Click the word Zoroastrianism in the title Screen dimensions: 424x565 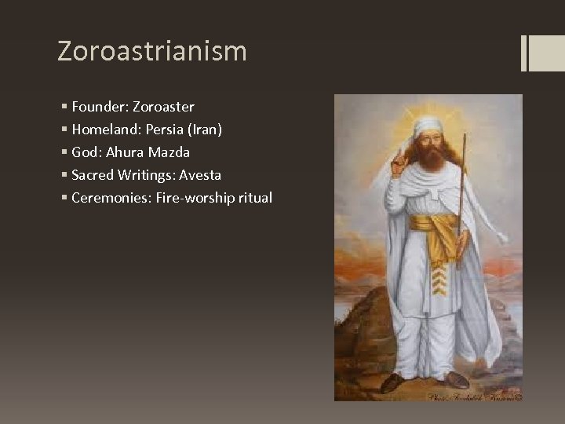point(152,52)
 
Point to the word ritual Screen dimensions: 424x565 point(253,198)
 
